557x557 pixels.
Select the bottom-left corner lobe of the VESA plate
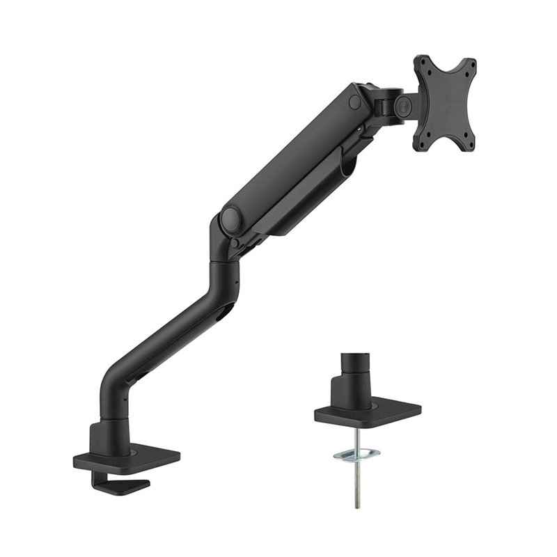point(420,144)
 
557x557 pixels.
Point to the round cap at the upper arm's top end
point(355,101)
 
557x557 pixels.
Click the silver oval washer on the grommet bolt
point(357,455)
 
